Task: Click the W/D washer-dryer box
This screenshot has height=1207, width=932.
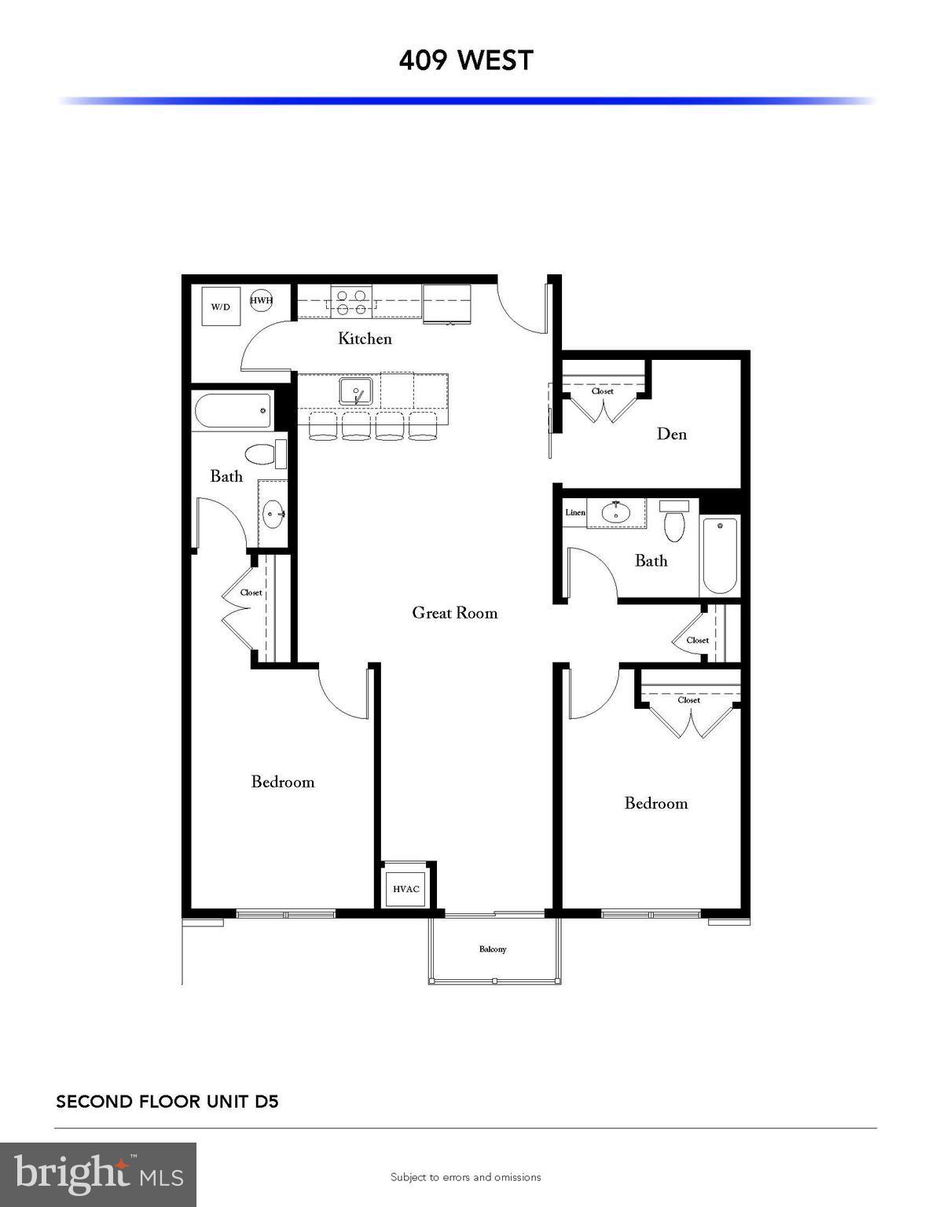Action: click(x=221, y=306)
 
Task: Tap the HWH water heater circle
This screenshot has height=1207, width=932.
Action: click(x=262, y=300)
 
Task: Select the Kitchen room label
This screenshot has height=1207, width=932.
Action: click(x=365, y=339)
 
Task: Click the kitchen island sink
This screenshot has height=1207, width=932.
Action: click(x=356, y=391)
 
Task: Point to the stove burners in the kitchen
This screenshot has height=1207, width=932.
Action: click(x=350, y=303)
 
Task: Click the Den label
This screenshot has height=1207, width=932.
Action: click(x=672, y=434)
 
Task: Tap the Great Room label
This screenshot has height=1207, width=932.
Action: click(x=455, y=613)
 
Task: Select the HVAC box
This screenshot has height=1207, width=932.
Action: click(x=406, y=889)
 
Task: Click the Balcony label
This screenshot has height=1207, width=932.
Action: click(x=493, y=949)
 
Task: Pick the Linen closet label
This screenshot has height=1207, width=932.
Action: click(x=575, y=512)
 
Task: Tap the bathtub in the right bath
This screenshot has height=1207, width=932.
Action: click(x=720, y=556)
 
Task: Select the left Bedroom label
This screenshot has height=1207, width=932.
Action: click(x=283, y=782)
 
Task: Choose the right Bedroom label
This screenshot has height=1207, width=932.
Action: click(x=656, y=803)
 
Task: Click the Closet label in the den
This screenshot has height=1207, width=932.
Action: click(x=603, y=391)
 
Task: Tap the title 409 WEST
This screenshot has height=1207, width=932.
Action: click(x=466, y=61)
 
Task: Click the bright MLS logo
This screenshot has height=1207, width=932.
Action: click(x=98, y=1174)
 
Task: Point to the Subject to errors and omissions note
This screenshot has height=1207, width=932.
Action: click(x=466, y=1177)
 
